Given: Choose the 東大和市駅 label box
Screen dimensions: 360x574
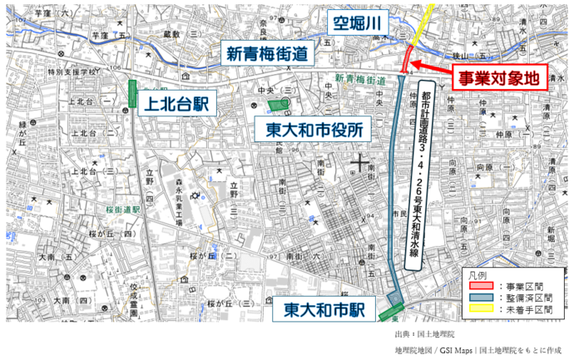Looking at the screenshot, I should click(325, 310).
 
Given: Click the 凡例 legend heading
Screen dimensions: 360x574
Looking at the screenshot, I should click(477, 273).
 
